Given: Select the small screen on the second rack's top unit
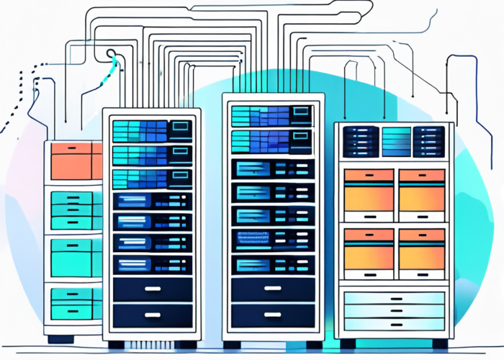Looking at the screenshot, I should click(x=179, y=130).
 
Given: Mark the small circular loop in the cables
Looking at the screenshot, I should click(x=112, y=53).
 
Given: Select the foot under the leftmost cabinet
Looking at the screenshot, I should click(x=61, y=338).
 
